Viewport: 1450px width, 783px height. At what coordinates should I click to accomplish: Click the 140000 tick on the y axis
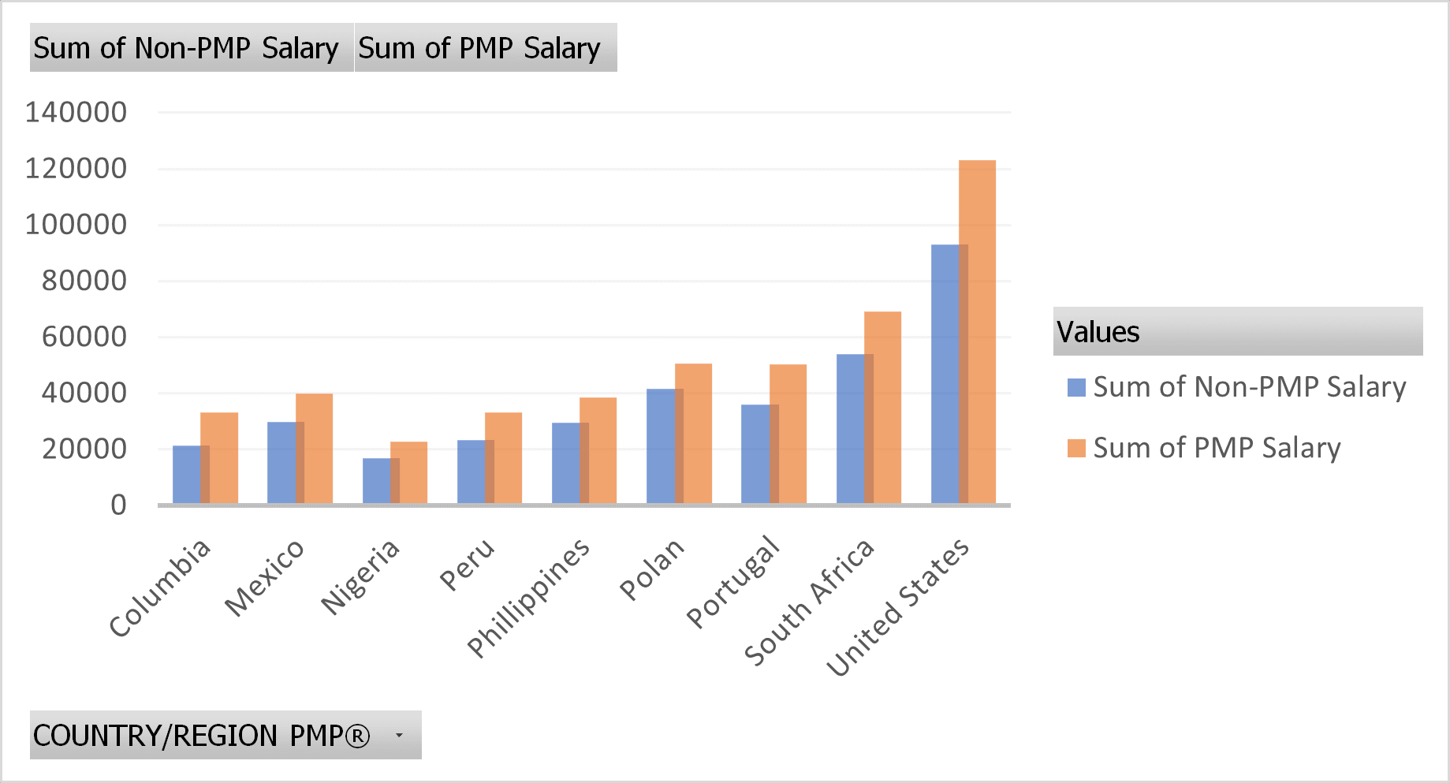click(x=76, y=113)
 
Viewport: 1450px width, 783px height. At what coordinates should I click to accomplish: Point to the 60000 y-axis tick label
click(x=84, y=337)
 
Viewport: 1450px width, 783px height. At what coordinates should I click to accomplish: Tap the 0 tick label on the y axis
click(x=118, y=505)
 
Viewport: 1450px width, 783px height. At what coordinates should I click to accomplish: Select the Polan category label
click(x=651, y=569)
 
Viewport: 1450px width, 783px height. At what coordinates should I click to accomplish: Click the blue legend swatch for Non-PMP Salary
click(x=1076, y=387)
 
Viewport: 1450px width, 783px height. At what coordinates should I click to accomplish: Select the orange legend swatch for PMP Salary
click(x=1076, y=448)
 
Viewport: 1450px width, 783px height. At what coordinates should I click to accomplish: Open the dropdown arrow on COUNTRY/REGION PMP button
click(x=399, y=735)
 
